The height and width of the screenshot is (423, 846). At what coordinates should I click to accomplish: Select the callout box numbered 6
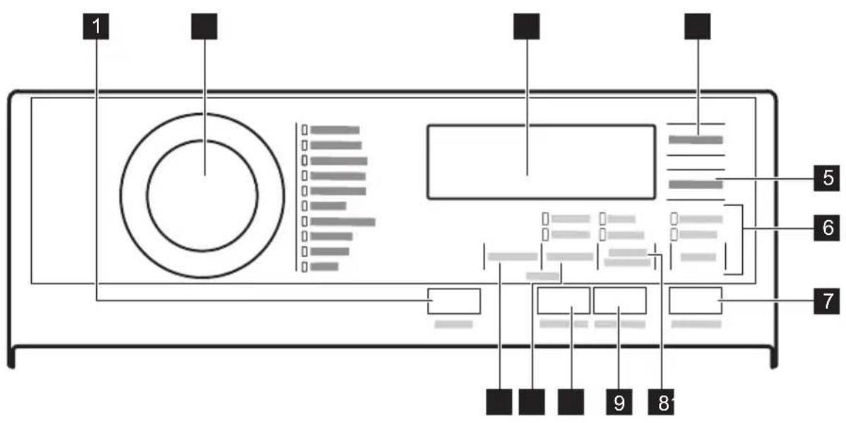pyautogui.click(x=826, y=228)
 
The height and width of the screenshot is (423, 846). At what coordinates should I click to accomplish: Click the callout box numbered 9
pyautogui.click(x=619, y=402)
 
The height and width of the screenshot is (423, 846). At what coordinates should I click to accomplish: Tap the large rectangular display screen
pyautogui.click(x=541, y=163)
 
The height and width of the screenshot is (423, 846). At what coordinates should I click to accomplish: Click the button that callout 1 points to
pyautogui.click(x=453, y=301)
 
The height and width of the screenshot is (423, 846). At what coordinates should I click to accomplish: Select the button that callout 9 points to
pyautogui.click(x=619, y=301)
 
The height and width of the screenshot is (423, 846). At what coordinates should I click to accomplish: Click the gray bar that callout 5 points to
pyautogui.click(x=696, y=186)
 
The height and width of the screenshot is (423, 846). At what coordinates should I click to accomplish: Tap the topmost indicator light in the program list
pyautogui.click(x=305, y=130)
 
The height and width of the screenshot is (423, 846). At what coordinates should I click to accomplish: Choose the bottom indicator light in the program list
pyautogui.click(x=305, y=267)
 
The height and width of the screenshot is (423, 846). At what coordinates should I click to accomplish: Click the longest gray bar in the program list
pyautogui.click(x=342, y=221)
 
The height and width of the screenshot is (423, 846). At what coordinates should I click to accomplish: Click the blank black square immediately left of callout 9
pyautogui.click(x=571, y=402)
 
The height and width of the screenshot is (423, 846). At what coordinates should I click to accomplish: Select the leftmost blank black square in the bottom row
pyautogui.click(x=500, y=402)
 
